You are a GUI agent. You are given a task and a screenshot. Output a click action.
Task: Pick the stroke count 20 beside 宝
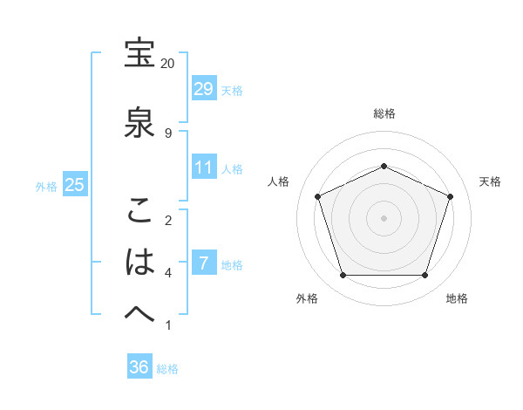coord(168,64)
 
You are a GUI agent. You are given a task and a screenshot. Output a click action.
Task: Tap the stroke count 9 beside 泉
coord(168,133)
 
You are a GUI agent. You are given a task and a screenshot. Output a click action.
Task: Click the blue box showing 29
coord(203,88)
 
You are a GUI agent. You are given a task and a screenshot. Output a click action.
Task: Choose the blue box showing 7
coord(203,263)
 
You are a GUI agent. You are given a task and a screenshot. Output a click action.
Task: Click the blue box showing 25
coord(74,185)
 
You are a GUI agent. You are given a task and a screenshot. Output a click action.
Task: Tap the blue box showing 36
coord(139,367)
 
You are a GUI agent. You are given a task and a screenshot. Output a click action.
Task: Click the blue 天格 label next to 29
coord(232,90)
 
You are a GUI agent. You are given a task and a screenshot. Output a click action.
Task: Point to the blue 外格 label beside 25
coord(46,186)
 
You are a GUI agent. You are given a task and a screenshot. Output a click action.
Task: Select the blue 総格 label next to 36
coord(167,369)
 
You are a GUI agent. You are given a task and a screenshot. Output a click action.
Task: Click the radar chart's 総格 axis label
coord(384,113)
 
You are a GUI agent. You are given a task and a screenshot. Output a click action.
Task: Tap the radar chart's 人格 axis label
coord(279,181)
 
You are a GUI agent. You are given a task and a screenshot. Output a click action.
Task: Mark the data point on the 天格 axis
coord(451,196)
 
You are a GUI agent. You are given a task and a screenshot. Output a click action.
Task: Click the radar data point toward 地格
coord(425,276)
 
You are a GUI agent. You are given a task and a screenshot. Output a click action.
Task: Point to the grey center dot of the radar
coord(384,218)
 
